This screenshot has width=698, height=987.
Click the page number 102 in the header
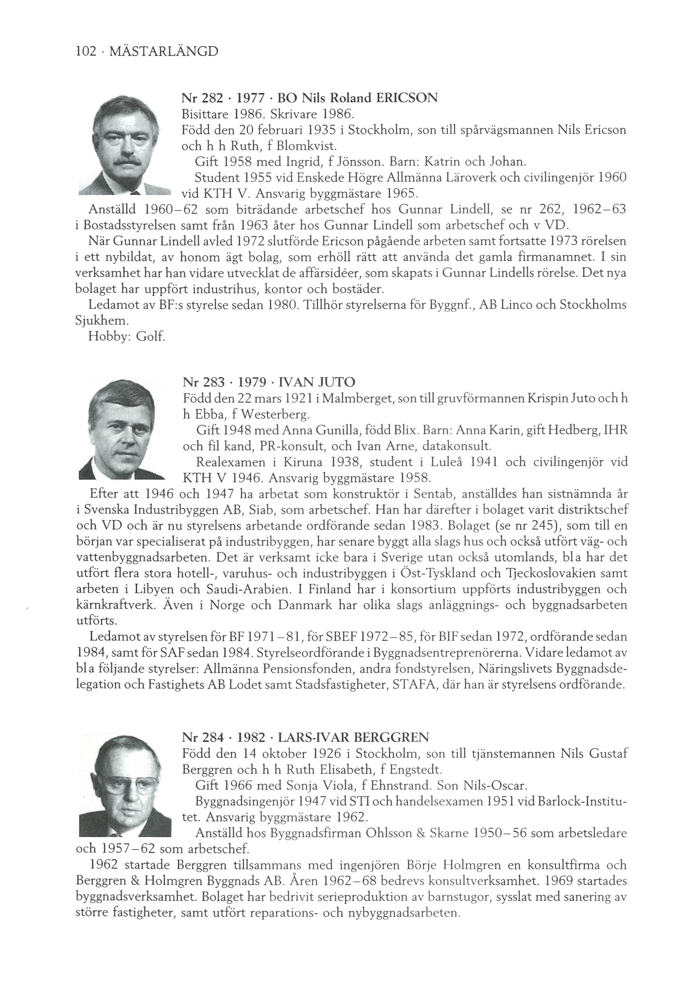tap(86, 52)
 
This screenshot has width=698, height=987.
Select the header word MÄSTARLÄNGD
tap(163, 52)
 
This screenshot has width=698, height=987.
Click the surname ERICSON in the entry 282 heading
tap(406, 98)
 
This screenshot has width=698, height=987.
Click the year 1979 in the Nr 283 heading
tap(252, 382)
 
